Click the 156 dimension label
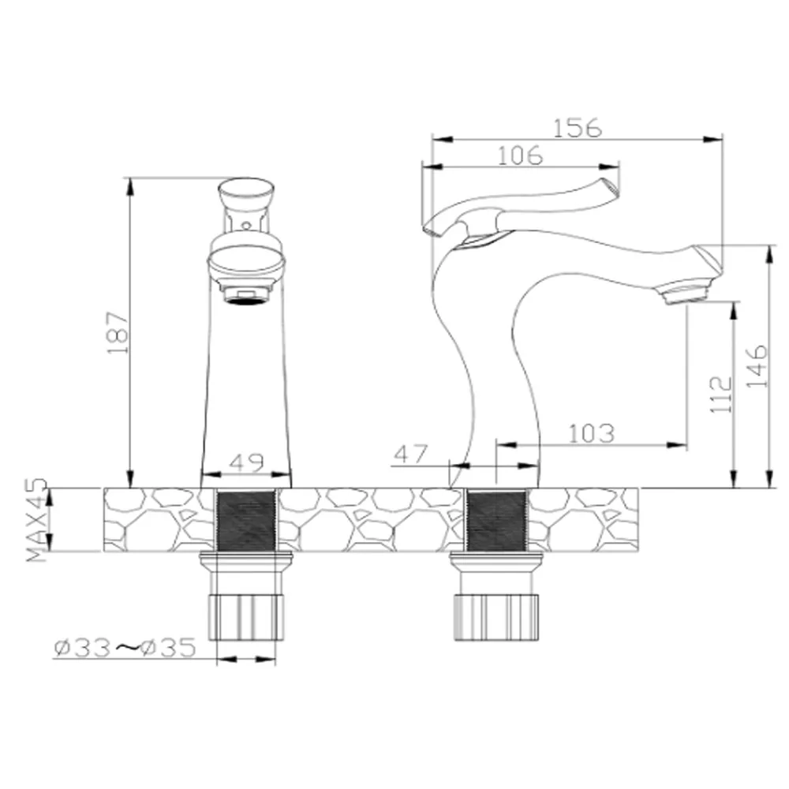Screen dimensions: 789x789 pyautogui.click(x=578, y=128)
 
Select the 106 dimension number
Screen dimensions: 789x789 pyautogui.click(x=520, y=155)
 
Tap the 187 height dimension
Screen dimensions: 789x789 pyautogui.click(x=118, y=333)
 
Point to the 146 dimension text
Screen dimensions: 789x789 pyautogui.click(x=757, y=366)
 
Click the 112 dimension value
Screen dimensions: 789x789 pyautogui.click(x=721, y=394)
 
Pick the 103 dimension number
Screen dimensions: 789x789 pyautogui.click(x=591, y=433)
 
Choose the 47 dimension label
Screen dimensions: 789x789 pyautogui.click(x=410, y=454)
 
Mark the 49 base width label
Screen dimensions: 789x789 pyautogui.click(x=246, y=462)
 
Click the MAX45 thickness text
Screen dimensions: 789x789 pyautogui.click(x=36, y=520)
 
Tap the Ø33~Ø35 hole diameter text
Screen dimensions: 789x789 pyautogui.click(x=125, y=648)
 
